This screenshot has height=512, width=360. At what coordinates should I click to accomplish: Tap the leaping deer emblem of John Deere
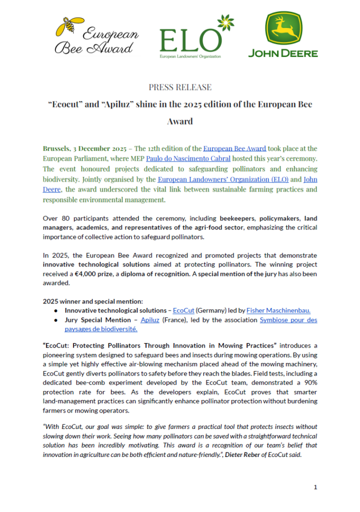(x=283, y=28)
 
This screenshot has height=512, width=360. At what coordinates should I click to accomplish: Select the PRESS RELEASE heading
(x=180, y=87)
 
